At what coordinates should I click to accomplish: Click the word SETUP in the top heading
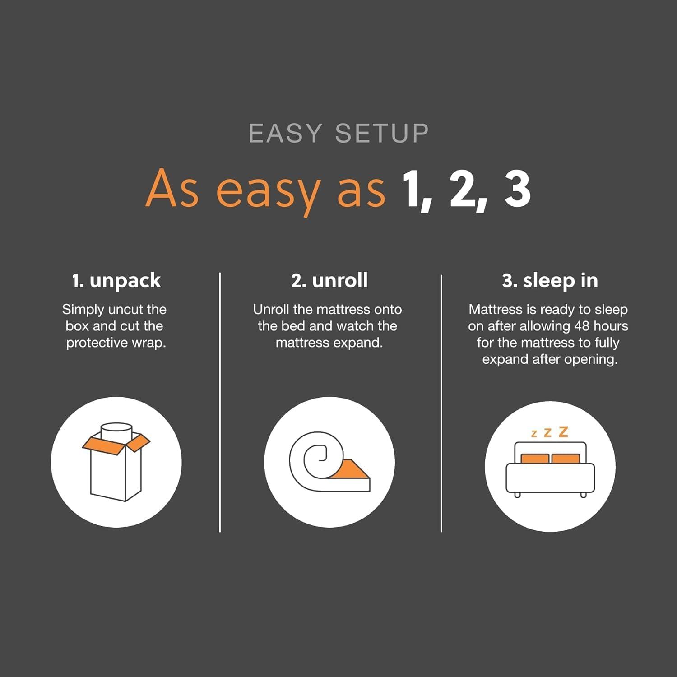(x=382, y=134)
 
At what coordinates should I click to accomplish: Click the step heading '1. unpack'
(x=116, y=281)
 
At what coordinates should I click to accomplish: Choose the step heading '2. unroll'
(x=329, y=281)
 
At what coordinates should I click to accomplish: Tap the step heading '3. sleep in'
(x=550, y=281)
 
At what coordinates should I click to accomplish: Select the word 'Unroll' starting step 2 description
(x=271, y=310)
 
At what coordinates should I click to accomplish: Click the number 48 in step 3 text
(x=581, y=326)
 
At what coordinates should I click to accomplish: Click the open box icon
(x=116, y=462)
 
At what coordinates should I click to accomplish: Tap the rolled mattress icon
(x=329, y=462)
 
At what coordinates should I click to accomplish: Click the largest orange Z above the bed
(x=563, y=432)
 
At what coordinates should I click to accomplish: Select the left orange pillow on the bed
(x=535, y=459)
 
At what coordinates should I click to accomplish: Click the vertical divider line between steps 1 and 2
(x=220, y=402)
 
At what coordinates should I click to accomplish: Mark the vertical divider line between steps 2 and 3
(x=441, y=402)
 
